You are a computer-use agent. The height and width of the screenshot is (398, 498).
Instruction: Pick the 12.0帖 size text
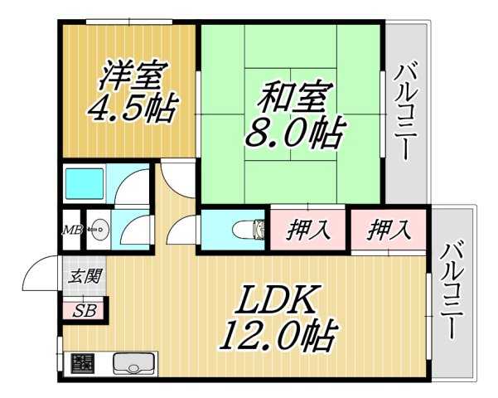[277, 336]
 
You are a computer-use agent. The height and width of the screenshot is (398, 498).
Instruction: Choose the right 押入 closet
[389, 229]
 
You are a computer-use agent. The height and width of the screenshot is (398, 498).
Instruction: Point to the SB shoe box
[83, 311]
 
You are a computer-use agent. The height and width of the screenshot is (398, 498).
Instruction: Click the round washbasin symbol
[99, 227]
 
